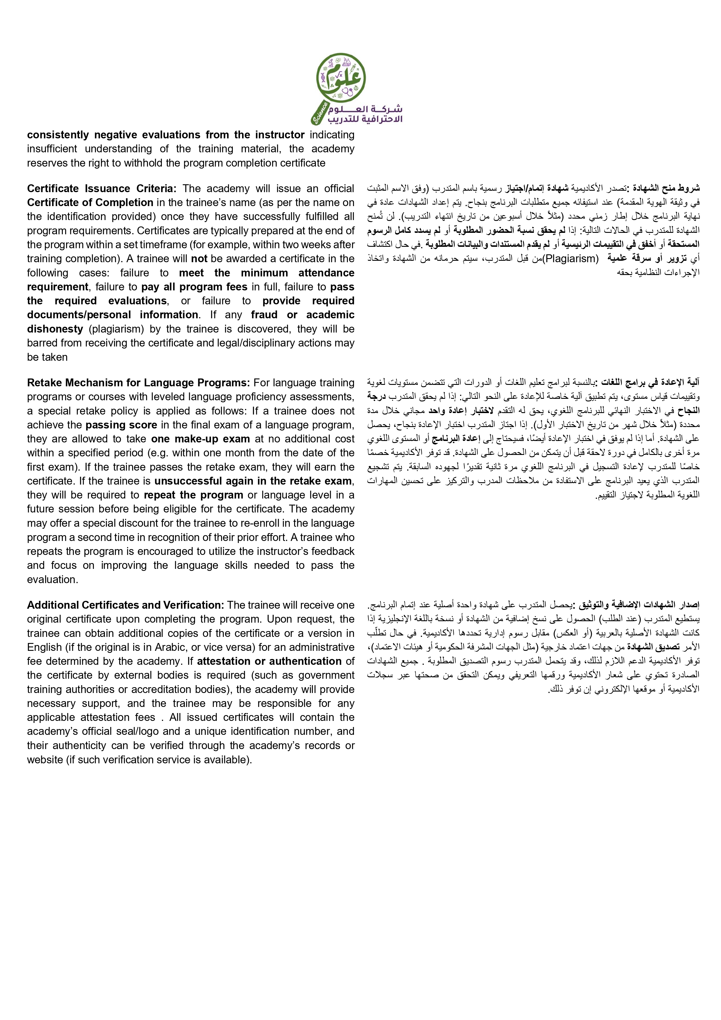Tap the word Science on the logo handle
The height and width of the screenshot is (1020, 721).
coord(320,113)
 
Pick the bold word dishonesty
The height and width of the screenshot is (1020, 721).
coord(55,329)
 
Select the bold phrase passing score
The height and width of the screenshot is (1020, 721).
coord(121,425)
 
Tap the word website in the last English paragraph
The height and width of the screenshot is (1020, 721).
coord(45,760)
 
